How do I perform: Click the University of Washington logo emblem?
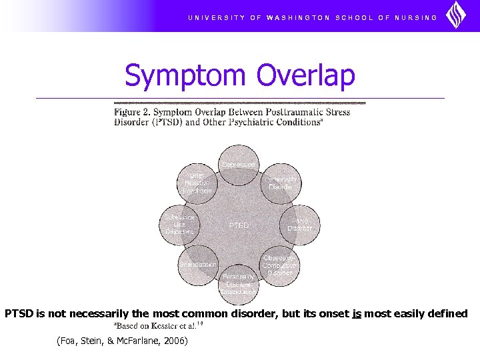[x=456, y=15]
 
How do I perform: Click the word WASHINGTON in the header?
[x=297, y=17]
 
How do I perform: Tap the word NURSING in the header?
[x=417, y=17]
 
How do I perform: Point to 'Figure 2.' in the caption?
[x=132, y=112]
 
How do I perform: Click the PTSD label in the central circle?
[x=239, y=225]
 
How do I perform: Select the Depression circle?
[x=239, y=165]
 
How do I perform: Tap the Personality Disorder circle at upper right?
[x=281, y=183]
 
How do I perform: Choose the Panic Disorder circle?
[x=299, y=224]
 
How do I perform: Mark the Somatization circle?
[x=197, y=265]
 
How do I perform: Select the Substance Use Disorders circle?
[x=179, y=224]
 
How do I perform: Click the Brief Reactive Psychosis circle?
[x=197, y=183]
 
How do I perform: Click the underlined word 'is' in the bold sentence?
[x=357, y=313]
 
